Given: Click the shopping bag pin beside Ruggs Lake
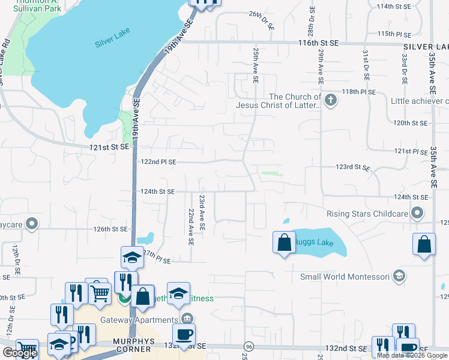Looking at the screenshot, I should click(284, 243).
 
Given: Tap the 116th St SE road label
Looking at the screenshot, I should click(319, 44).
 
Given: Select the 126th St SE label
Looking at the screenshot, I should click(110, 229).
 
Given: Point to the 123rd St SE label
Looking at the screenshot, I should click(351, 167).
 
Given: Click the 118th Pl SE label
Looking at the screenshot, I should click(358, 92).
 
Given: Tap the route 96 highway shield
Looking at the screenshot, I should click(248, 347).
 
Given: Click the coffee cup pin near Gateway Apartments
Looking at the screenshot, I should click(184, 334).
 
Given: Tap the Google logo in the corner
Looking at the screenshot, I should click(20, 353).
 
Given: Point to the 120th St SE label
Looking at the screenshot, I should click(409, 123).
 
